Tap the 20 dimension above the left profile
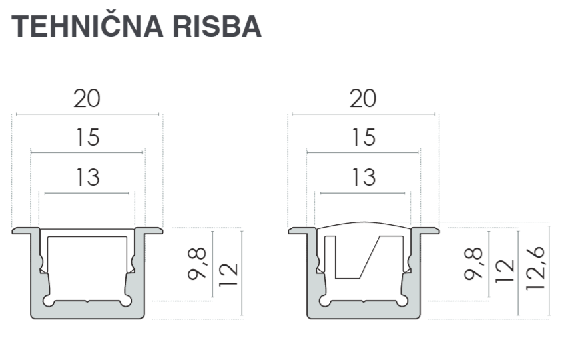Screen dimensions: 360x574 [x=87, y=99]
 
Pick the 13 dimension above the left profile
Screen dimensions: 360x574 [x=87, y=178]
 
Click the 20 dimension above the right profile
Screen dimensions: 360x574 [x=363, y=99]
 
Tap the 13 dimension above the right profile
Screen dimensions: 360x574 [x=363, y=178]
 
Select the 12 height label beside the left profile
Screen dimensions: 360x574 [x=228, y=273]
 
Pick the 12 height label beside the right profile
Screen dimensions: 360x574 [x=505, y=273]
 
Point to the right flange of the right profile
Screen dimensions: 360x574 [x=427, y=231]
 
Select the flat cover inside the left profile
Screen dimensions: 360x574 [x=87, y=232]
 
